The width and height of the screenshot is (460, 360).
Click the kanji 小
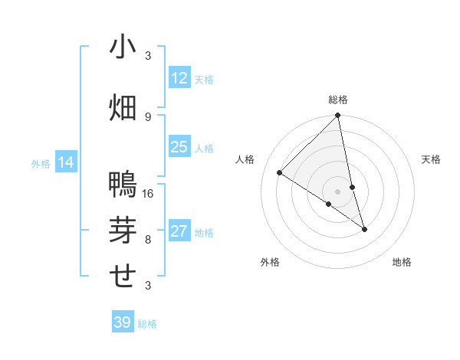pyautogui.click(x=123, y=47)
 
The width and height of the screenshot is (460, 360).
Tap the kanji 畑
pyautogui.click(x=123, y=106)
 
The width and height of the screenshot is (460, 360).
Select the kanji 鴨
pyautogui.click(x=123, y=185)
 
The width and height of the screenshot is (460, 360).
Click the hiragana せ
pyautogui.click(x=123, y=275)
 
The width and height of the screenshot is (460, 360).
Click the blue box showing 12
pyautogui.click(x=179, y=78)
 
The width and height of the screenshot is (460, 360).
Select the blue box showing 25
pyautogui.click(x=179, y=147)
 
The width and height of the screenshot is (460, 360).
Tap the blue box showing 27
pyautogui.click(x=179, y=232)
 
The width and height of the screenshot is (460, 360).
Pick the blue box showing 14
pyautogui.click(x=65, y=162)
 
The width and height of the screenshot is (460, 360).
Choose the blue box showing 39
pyautogui.click(x=122, y=322)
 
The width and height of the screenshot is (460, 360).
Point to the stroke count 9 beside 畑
pyautogui.click(x=148, y=116)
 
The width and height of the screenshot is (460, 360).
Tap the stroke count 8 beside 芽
pyautogui.click(x=148, y=239)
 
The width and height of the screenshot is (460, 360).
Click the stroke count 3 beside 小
pyautogui.click(x=148, y=56)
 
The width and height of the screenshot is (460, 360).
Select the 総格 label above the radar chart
pyautogui.click(x=338, y=100)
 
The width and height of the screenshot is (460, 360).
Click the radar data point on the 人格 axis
pyautogui.click(x=280, y=172)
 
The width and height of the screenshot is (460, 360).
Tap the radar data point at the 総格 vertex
pyautogui.click(x=338, y=116)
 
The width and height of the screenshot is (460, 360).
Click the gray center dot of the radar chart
pyautogui.click(x=338, y=191)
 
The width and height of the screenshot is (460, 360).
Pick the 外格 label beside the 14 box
pyautogui.click(x=41, y=163)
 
